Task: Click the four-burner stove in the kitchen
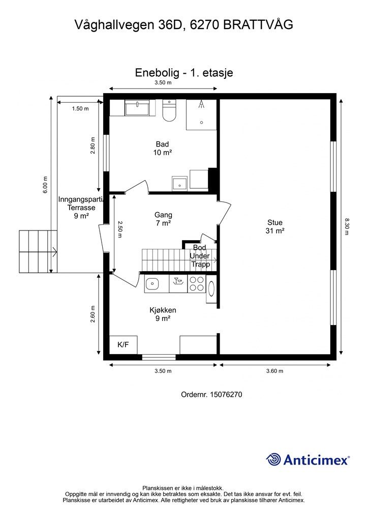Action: pos(196,283)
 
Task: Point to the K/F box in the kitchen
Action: pos(123,345)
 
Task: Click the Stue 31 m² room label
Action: pos(275,226)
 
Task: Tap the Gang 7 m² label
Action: pos(163,219)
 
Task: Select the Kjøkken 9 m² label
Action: pos(163,314)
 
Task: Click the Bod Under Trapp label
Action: pos(200,256)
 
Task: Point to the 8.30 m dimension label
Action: pos(347,226)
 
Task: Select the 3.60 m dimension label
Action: pos(275,371)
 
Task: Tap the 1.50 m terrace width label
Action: pos(80,108)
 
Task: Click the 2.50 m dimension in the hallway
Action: pos(120,229)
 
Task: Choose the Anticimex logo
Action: pos(308,460)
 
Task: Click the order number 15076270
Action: pos(212,394)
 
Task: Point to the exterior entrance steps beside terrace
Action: pos(38,251)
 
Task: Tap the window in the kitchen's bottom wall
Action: pos(159,357)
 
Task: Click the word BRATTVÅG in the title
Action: pos(258,24)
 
